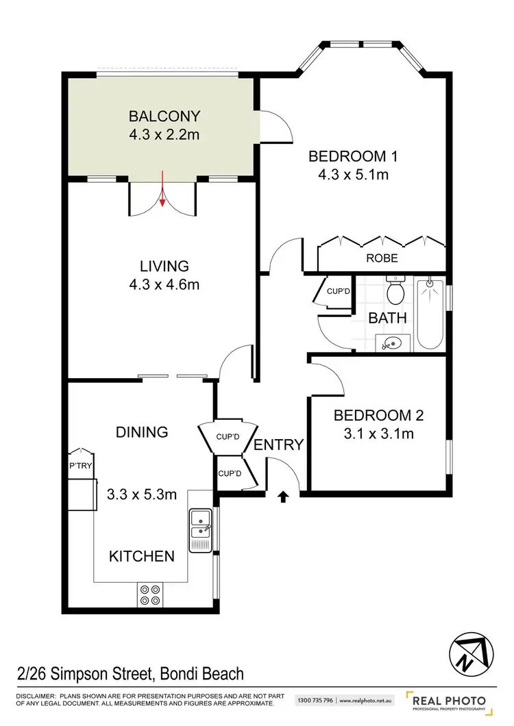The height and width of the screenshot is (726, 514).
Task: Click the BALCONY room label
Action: pyautogui.click(x=164, y=115)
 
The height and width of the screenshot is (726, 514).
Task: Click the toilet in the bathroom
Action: pyautogui.click(x=395, y=291)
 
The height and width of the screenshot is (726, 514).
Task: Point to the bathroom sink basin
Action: pyautogui.click(x=393, y=342)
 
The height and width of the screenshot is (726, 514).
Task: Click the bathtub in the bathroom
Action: pyautogui.click(x=429, y=312)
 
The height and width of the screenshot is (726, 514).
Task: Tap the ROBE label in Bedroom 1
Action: pyautogui.click(x=382, y=258)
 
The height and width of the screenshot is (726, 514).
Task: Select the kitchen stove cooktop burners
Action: pyautogui.click(x=149, y=594)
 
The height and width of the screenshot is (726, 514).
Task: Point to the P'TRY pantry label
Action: pyautogui.click(x=80, y=466)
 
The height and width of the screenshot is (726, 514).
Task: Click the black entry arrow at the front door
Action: pyautogui.click(x=282, y=496)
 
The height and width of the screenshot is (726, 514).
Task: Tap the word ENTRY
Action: pyautogui.click(x=278, y=445)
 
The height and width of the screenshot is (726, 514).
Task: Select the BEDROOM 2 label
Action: pyautogui.click(x=378, y=415)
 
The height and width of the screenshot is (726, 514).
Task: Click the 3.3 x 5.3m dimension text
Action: pyautogui.click(x=142, y=494)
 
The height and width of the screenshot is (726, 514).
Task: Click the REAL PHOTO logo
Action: pyautogui.click(x=449, y=703)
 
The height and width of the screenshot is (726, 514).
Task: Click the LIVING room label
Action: pyautogui.click(x=164, y=266)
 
